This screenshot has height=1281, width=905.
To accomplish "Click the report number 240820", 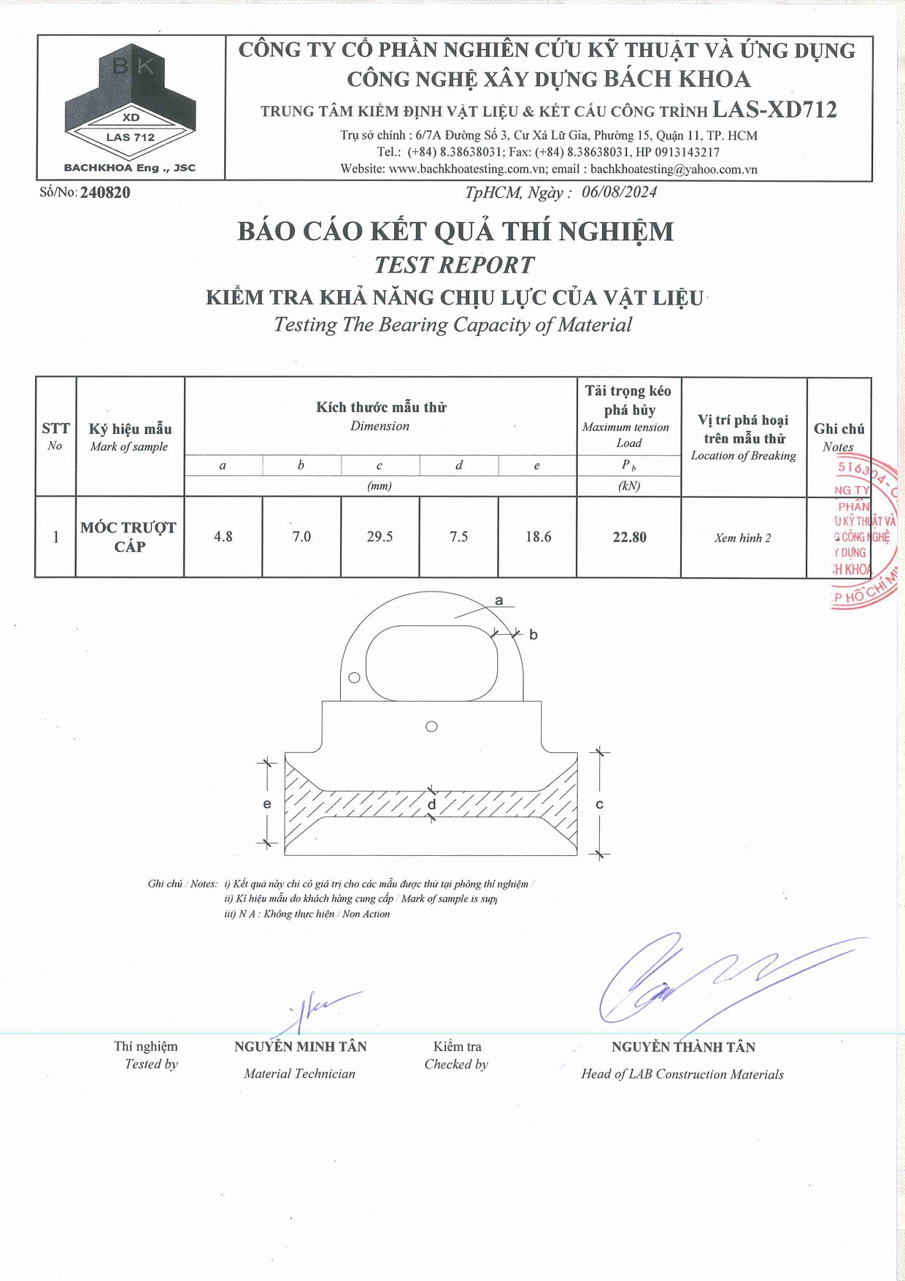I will point(105,193).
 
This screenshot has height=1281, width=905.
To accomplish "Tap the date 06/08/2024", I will point(619,192).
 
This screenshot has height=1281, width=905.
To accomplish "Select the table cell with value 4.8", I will point(223,537).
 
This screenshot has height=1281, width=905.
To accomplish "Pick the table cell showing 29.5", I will point(380,537).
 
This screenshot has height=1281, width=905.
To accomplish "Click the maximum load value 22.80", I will point(629,538).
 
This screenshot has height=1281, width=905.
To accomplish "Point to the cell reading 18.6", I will point(538,537).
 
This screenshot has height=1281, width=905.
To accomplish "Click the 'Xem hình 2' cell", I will point(742,538).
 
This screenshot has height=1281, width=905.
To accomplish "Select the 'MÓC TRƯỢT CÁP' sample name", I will point(129,537).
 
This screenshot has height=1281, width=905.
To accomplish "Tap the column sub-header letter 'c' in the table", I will point(380,465).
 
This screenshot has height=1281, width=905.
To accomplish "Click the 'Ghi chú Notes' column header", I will point(839,437).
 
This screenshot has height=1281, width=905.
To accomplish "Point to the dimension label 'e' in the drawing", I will point(267,804).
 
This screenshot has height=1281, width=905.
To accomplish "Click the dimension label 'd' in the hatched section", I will point(431,805).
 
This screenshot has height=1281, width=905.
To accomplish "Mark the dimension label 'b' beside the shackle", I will point(534,635).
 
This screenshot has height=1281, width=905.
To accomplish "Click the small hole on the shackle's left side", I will point(355,678).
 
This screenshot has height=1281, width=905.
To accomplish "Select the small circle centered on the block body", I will point(431,727).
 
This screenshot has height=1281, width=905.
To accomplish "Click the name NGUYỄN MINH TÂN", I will point(300,1047).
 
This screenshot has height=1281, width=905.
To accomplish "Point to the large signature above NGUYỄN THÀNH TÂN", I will point(701,979).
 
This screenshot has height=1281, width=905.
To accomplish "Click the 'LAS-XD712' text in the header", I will point(774,110).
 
